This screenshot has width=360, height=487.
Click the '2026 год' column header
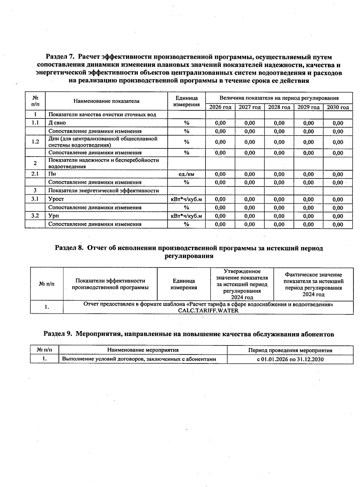[x=220, y=107]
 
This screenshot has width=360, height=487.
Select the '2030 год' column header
[x=338, y=107]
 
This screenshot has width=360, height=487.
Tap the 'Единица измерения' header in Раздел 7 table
[x=186, y=101]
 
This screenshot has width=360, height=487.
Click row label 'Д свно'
[x=57, y=123]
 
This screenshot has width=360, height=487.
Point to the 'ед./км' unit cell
[x=186, y=174]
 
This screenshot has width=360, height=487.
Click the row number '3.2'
[x=35, y=216]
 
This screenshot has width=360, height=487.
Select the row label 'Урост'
[x=56, y=199]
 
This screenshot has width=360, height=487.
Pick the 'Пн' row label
[x=52, y=174]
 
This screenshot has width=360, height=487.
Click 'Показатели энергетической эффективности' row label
[x=103, y=191]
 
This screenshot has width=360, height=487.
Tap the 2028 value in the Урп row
[x=279, y=216]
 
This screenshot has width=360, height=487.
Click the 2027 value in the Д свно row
[x=250, y=123]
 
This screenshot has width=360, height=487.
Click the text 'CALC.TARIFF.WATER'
[x=208, y=311]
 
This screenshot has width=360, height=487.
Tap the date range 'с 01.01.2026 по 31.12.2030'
[x=290, y=359]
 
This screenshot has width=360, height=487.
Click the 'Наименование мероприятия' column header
[x=143, y=350]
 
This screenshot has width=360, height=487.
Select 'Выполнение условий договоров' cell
[x=139, y=359]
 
